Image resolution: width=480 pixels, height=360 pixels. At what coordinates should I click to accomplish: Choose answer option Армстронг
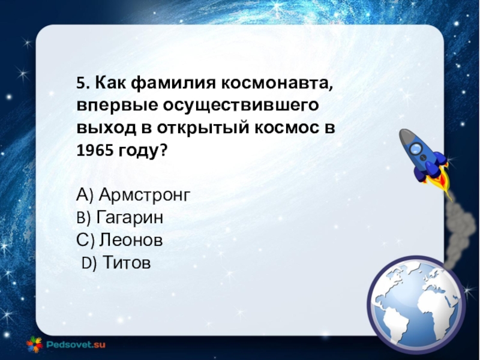(145, 195)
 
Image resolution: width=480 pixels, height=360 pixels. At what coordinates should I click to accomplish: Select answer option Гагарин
(130, 217)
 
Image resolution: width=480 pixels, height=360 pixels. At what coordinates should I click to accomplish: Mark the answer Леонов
(131, 240)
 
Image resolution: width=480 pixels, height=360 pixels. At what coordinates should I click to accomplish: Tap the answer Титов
(127, 262)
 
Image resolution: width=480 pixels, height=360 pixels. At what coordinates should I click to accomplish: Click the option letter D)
(89, 263)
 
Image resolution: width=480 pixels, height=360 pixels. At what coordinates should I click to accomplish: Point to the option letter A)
(85, 194)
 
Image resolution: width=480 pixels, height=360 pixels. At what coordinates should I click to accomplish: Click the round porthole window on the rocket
(416, 148)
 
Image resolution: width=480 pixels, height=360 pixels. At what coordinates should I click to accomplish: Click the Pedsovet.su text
(76, 344)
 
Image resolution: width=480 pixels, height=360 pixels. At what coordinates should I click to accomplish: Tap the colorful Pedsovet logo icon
(34, 344)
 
